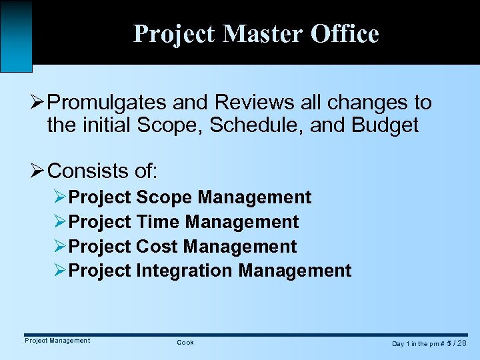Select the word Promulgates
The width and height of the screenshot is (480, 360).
click(109, 103)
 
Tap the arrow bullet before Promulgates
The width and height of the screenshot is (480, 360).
click(37, 103)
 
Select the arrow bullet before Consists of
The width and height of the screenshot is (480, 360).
click(37, 171)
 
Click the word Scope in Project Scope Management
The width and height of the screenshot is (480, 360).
click(164, 197)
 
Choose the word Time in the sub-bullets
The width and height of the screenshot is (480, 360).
click(158, 221)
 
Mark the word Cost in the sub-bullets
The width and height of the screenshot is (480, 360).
click(158, 246)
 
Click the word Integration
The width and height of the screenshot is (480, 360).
click(185, 270)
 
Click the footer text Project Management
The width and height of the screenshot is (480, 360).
click(57, 341)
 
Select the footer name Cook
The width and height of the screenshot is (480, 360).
click(185, 343)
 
